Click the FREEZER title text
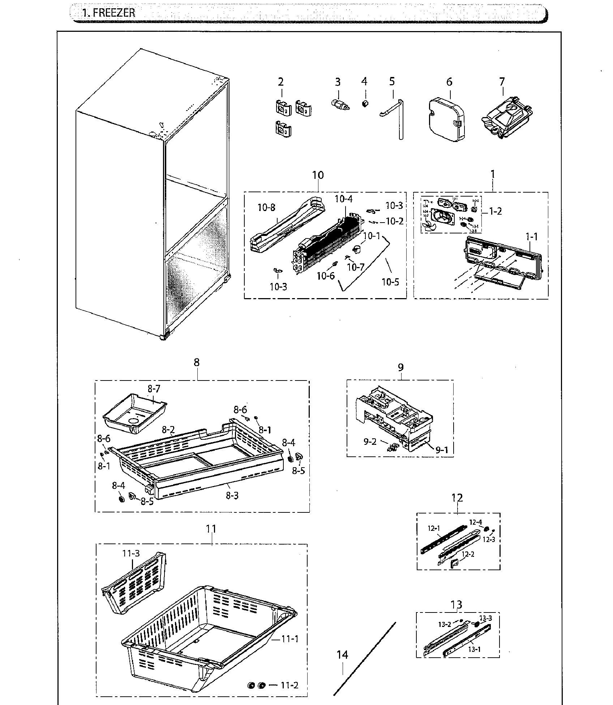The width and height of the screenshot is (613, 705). pos(108,13)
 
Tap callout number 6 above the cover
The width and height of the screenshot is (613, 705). pos(449,82)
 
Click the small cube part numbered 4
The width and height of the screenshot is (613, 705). pos(365,104)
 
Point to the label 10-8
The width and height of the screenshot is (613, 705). pos(266,207)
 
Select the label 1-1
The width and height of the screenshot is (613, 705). pos(531,237)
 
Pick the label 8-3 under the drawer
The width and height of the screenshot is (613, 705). pos(232,495)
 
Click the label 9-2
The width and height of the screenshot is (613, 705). pos(370,442)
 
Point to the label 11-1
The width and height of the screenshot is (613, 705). pos(290,639)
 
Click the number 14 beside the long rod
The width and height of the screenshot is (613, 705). pos(342,655)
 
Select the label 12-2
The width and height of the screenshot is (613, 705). pos(468,554)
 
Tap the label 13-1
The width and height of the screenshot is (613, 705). pos(474,649)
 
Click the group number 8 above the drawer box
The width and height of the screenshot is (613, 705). pos(196,362)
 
